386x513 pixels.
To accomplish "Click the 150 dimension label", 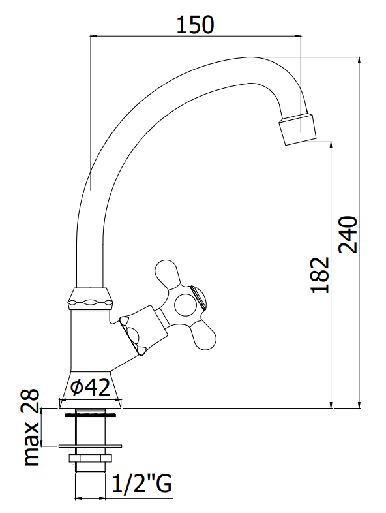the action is [x=195, y=25].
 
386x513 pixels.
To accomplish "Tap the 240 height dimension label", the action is [x=348, y=234].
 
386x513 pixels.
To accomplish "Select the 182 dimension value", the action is [x=320, y=275].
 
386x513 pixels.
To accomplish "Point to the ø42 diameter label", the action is [x=91, y=387].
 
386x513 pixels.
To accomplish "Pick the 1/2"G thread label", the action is [x=142, y=484].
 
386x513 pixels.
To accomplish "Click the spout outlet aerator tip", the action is [x=298, y=129].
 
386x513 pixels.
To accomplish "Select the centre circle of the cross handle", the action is [x=186, y=305].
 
